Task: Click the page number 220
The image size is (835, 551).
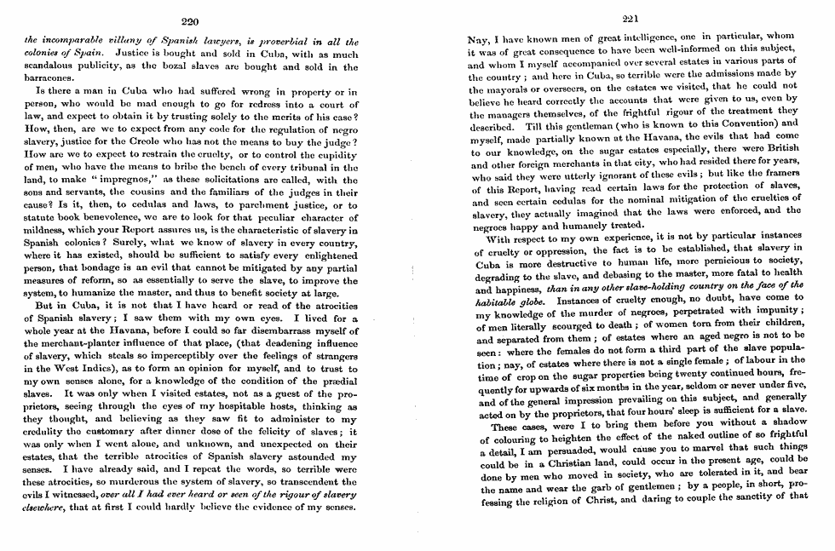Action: pyautogui.click(x=190, y=20)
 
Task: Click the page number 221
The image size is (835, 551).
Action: pyautogui.click(x=631, y=20)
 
